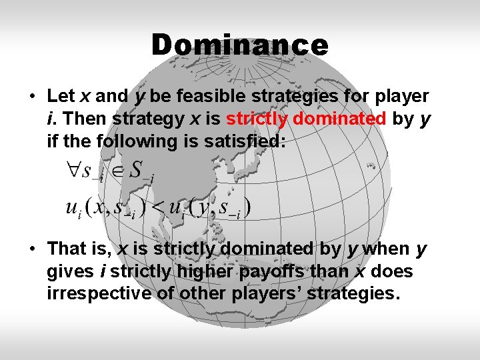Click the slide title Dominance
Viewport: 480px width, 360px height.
[x=239, y=45]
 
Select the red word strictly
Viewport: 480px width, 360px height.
[x=257, y=119]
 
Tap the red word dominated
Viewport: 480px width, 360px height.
[x=339, y=119]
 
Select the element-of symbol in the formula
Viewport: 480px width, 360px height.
[x=115, y=170]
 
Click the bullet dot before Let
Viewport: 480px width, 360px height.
[x=32, y=97]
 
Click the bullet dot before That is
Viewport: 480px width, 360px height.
[x=32, y=249]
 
